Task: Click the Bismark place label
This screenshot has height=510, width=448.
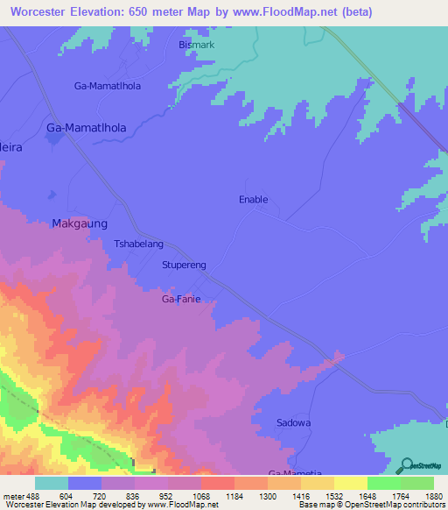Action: point(196,45)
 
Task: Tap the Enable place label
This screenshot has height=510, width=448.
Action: point(253,200)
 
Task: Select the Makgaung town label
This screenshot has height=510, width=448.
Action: point(80,223)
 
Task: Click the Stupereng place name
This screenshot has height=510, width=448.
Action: point(184,264)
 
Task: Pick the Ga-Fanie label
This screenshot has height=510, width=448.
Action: point(181,299)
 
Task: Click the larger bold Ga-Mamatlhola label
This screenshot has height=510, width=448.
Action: point(86,128)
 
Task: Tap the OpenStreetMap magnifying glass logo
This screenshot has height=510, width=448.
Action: point(406,464)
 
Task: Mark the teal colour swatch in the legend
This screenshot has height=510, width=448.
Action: point(52,483)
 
